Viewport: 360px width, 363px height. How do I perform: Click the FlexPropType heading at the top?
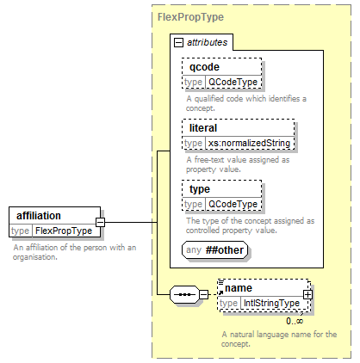click(x=190, y=17)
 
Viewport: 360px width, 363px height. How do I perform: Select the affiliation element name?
click(x=39, y=216)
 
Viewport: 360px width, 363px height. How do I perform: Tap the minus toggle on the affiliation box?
click(x=100, y=222)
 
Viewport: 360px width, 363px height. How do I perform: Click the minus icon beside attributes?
click(x=178, y=43)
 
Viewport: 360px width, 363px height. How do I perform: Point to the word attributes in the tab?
click(x=208, y=42)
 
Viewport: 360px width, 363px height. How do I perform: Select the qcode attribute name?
click(x=204, y=67)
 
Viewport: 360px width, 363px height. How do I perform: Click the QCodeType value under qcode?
click(x=233, y=82)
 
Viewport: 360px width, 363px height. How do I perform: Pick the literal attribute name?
click(x=203, y=128)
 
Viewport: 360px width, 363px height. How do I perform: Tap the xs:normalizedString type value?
click(x=249, y=143)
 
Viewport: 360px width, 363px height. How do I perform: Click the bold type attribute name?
click(x=200, y=189)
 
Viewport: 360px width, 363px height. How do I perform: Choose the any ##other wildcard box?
click(x=214, y=250)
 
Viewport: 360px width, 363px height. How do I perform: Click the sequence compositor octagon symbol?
click(x=184, y=294)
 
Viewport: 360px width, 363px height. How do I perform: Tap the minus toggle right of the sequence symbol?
click(x=203, y=294)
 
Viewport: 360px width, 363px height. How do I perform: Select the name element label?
click(x=239, y=288)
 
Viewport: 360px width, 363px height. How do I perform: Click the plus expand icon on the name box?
click(x=307, y=294)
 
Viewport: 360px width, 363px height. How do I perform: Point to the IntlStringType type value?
click(x=271, y=303)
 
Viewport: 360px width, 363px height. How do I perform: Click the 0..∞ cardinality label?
click(x=295, y=321)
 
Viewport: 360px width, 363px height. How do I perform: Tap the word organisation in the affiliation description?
click(x=35, y=257)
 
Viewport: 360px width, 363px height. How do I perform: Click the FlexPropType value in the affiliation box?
click(x=64, y=231)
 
